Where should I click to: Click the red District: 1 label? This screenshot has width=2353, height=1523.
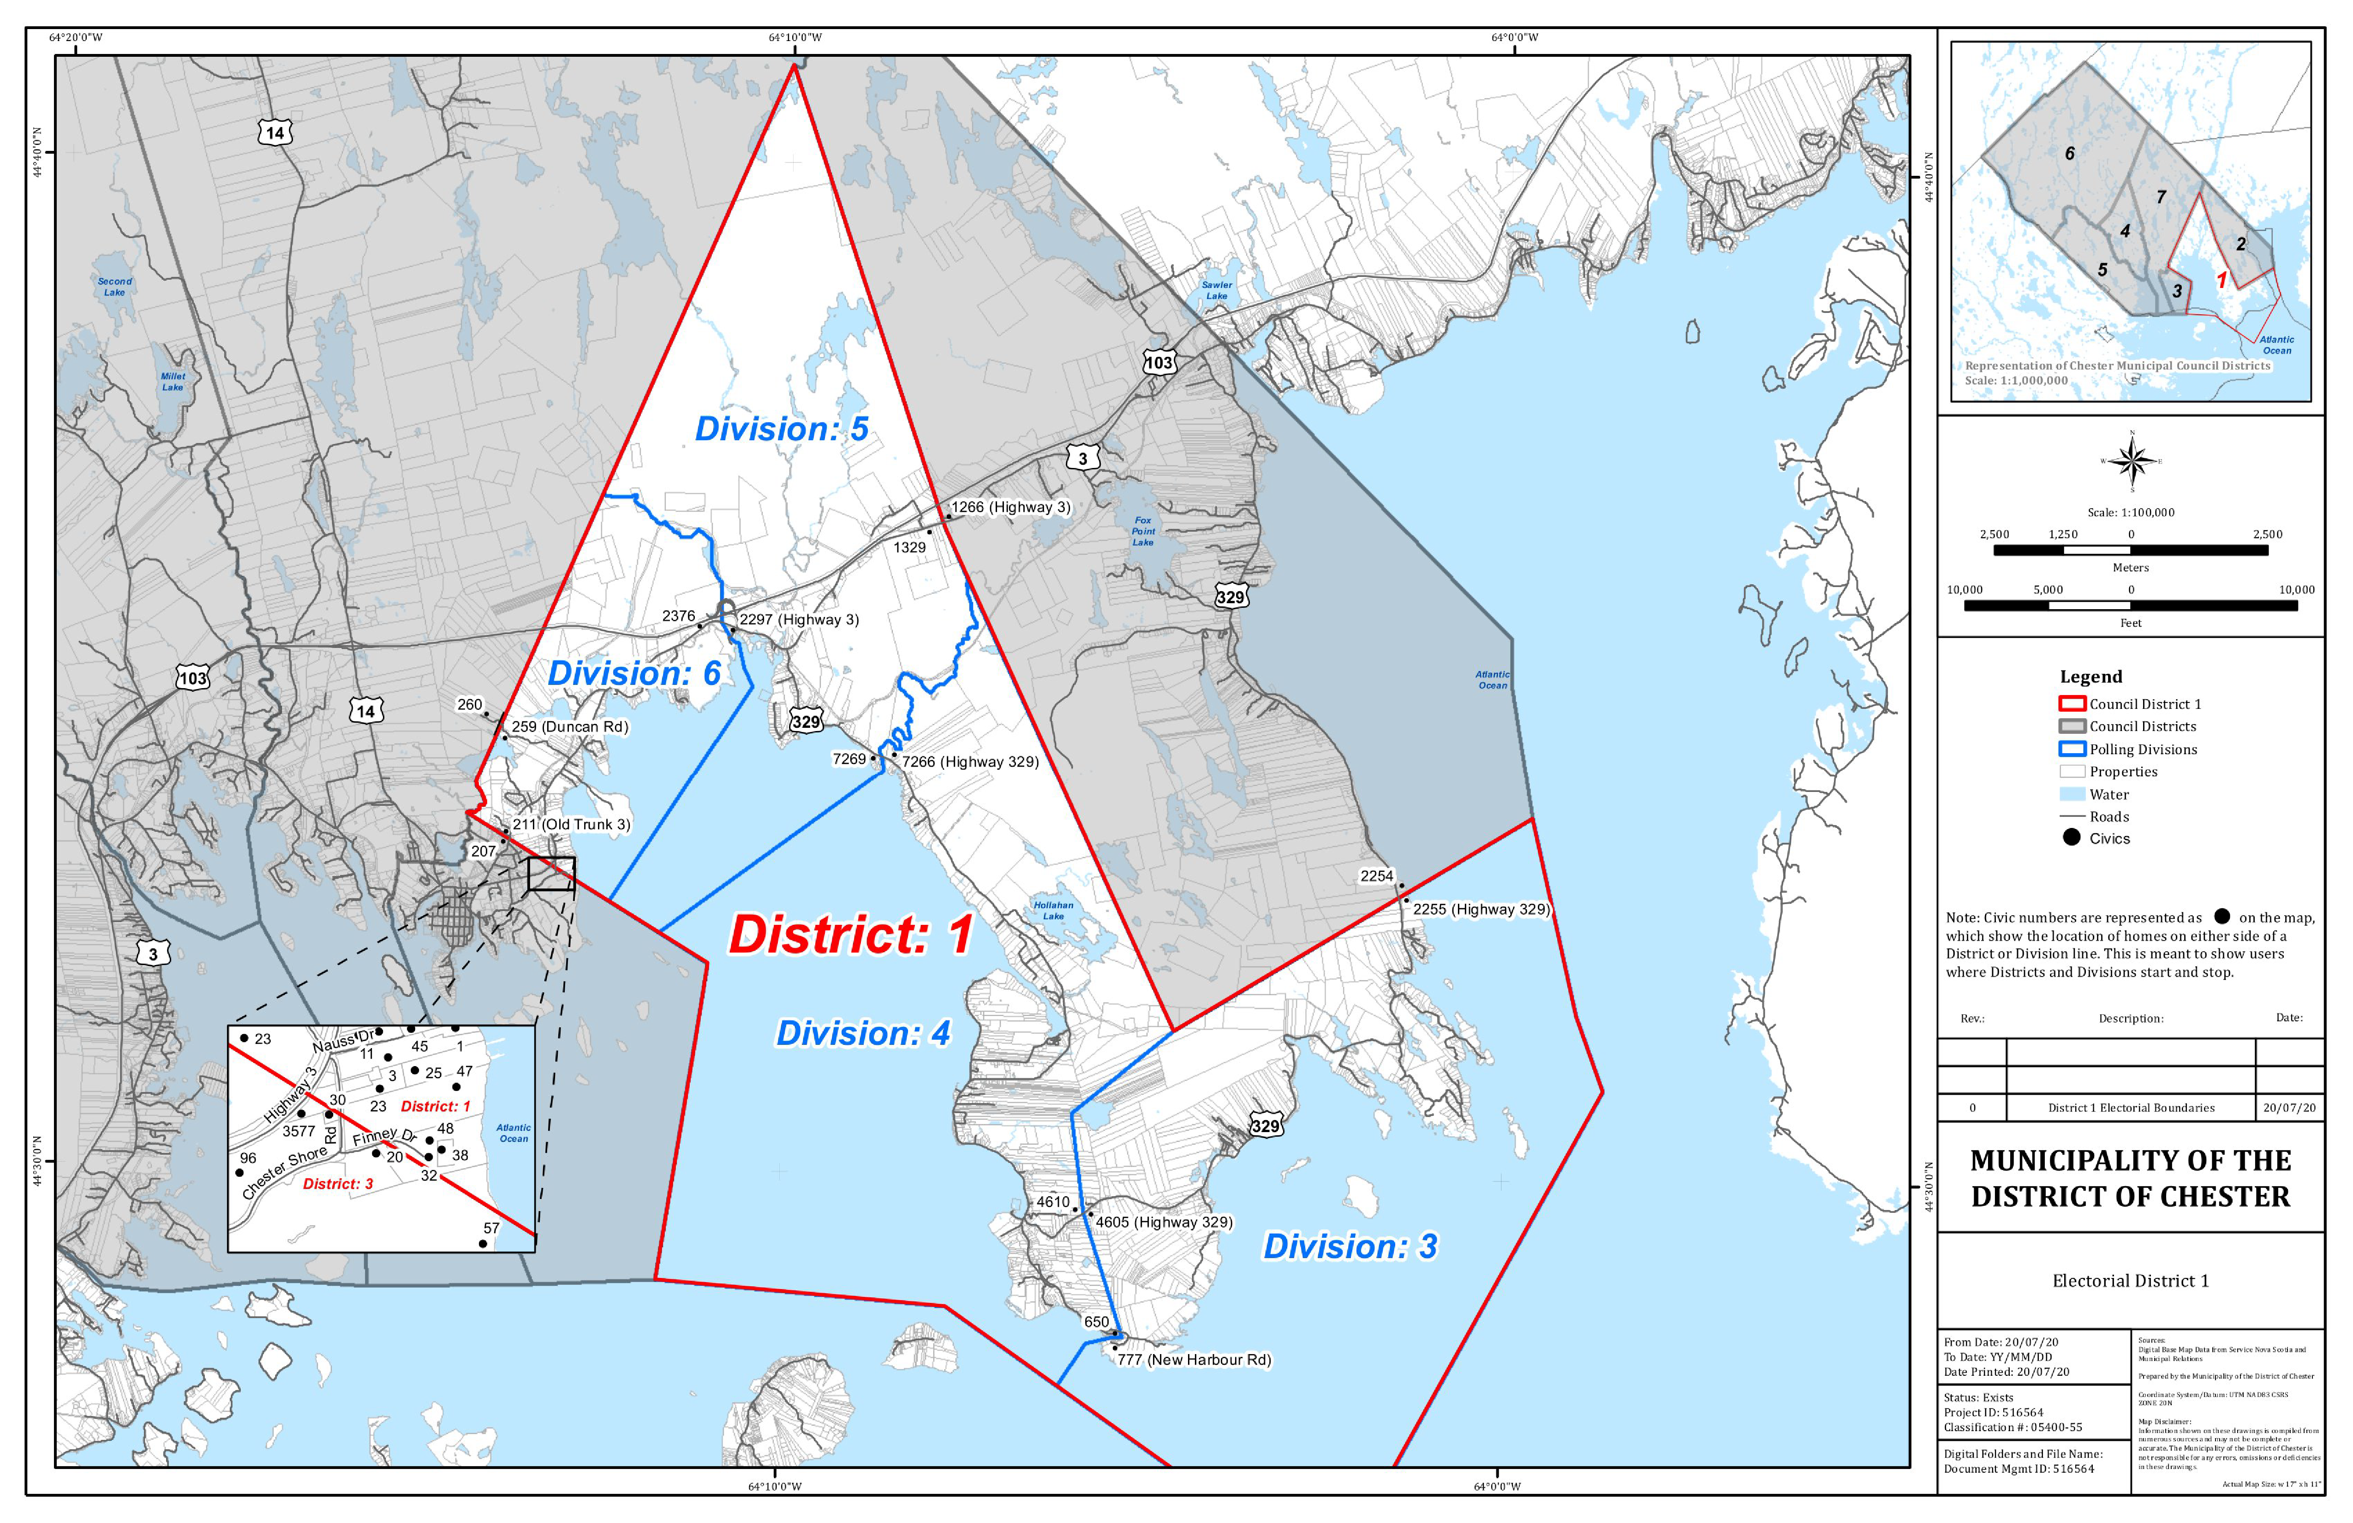[850, 935]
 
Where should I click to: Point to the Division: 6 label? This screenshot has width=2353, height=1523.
[634, 673]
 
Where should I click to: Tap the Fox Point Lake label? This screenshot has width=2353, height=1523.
[1143, 531]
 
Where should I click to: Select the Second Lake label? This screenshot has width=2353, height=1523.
[115, 286]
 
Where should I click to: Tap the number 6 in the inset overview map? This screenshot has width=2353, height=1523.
[2069, 153]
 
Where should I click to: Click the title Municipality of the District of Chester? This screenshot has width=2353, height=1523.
[2131, 1178]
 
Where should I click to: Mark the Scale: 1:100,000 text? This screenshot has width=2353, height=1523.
[2131, 512]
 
